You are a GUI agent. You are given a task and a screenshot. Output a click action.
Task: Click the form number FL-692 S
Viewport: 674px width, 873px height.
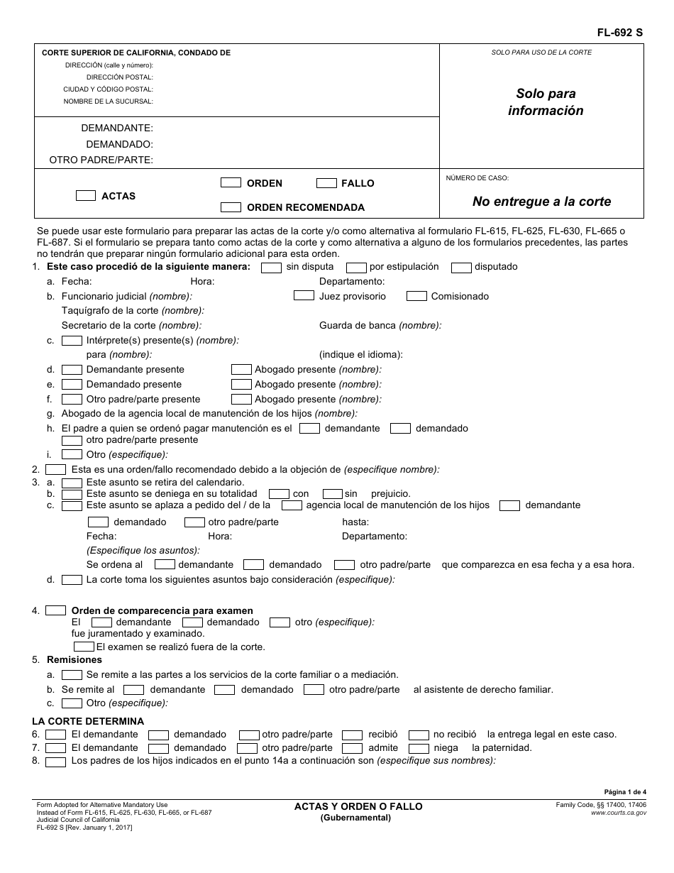pyautogui.click(x=619, y=32)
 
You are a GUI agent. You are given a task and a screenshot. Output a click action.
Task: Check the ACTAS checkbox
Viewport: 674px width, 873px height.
pyautogui.click(x=86, y=196)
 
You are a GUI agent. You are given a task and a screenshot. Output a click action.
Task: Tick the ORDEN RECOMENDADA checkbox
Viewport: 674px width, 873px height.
pyautogui.click(x=231, y=207)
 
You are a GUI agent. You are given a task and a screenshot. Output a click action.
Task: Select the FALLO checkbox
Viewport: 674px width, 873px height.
pyautogui.click(x=326, y=183)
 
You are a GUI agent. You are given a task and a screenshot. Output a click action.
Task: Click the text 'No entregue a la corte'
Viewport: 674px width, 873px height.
pyautogui.click(x=541, y=202)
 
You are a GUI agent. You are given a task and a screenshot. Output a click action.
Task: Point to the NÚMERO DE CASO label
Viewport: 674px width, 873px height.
pyautogui.click(x=477, y=178)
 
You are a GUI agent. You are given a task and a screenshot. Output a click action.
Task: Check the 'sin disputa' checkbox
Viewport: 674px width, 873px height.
pyautogui.click(x=271, y=268)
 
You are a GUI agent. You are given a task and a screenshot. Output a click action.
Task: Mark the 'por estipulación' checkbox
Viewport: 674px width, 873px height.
pyautogui.click(x=356, y=268)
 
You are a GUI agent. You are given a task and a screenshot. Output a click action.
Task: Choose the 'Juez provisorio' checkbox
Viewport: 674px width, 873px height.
pyautogui.click(x=304, y=296)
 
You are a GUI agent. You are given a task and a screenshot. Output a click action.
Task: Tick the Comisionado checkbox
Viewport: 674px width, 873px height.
pyautogui.click(x=416, y=296)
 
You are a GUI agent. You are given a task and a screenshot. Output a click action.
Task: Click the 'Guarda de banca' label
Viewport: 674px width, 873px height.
pyautogui.click(x=380, y=325)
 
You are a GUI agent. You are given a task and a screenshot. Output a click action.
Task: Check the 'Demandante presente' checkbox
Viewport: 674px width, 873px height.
pyautogui.click(x=72, y=369)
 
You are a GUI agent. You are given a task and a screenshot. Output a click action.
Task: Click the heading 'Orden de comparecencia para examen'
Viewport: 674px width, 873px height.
pyautogui.click(x=162, y=610)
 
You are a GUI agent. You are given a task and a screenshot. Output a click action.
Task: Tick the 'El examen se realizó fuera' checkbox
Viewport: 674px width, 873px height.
pyautogui.click(x=84, y=647)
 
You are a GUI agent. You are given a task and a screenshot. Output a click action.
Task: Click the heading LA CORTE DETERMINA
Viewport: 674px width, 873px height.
pyautogui.click(x=88, y=721)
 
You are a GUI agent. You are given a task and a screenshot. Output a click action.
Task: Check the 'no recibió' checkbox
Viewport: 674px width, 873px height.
pyautogui.click(x=419, y=735)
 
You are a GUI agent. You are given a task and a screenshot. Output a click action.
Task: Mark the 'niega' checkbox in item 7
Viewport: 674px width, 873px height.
pyautogui.click(x=419, y=748)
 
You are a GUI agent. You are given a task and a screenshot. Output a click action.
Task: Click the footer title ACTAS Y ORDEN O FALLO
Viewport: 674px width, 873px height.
pyautogui.click(x=358, y=806)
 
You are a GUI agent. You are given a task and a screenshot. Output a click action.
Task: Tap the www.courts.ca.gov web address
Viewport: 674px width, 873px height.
pyautogui.click(x=618, y=813)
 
